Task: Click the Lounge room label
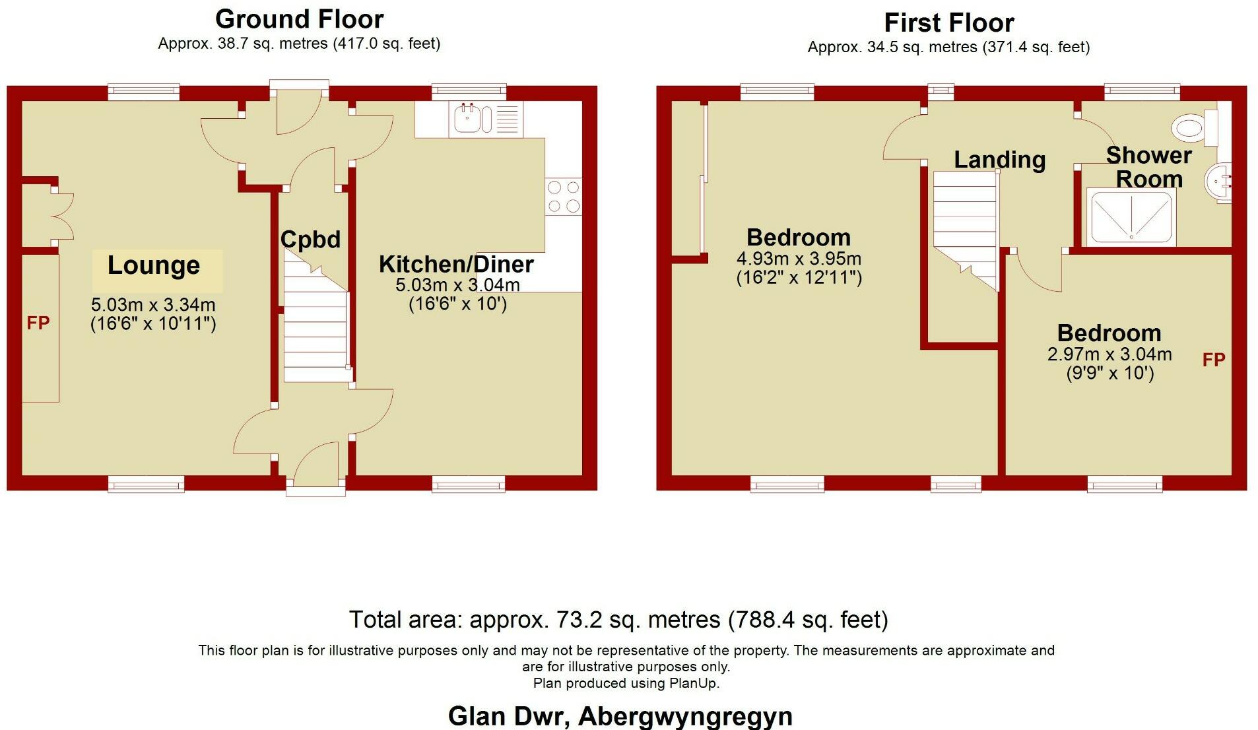154,265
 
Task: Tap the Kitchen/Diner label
456,264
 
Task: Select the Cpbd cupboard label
310,239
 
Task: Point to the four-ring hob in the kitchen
564,197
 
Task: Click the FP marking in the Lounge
38,323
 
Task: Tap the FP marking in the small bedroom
1213,360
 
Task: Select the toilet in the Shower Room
1195,127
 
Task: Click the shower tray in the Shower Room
1131,216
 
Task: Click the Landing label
999,160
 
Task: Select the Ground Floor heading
299,19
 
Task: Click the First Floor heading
948,23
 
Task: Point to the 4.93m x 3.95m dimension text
799,259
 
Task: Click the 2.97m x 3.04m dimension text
1109,354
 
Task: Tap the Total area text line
618,620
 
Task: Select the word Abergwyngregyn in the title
685,716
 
